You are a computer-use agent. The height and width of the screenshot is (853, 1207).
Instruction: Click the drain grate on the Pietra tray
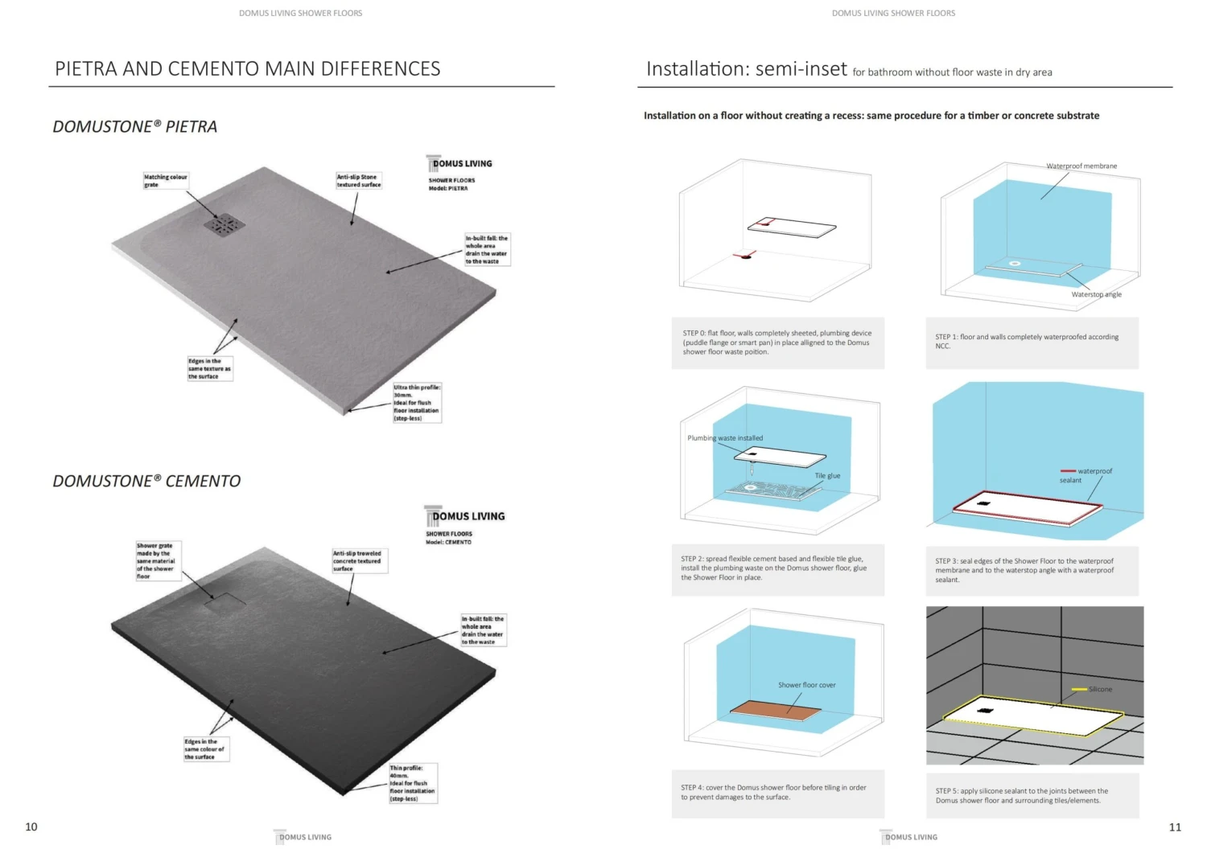(223, 225)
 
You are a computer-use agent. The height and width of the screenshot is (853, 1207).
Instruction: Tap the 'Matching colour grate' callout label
(165, 181)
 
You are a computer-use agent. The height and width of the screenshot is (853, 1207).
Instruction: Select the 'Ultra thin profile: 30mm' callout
(417, 403)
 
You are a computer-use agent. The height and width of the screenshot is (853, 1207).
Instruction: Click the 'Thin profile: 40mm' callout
(413, 783)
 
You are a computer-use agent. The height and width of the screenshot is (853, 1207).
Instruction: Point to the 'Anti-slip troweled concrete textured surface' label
(360, 560)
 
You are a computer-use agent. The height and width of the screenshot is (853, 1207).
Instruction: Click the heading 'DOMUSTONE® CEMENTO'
(146, 481)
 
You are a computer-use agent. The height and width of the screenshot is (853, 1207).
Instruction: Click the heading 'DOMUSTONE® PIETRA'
(134, 126)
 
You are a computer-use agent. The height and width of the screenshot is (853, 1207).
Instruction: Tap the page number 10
(31, 826)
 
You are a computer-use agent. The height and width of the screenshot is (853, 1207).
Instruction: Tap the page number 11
(1175, 826)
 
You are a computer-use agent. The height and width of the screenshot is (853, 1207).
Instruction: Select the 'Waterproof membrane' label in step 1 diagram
(1081, 166)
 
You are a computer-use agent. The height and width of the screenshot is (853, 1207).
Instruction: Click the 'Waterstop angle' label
(1096, 294)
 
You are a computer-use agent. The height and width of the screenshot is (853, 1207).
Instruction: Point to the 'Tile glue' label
(827, 476)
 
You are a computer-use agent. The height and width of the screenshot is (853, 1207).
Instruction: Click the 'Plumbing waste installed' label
(725, 438)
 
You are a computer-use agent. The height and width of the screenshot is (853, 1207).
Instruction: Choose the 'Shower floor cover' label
(806, 685)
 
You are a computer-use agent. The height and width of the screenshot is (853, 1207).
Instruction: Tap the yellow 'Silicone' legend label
(1099, 689)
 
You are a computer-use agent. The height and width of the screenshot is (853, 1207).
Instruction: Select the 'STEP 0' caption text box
(777, 342)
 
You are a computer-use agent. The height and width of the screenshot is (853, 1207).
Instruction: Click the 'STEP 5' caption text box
(1032, 795)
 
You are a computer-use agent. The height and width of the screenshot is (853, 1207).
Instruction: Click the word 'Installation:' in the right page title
(697, 69)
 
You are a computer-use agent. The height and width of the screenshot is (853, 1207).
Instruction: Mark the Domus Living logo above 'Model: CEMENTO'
(466, 516)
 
